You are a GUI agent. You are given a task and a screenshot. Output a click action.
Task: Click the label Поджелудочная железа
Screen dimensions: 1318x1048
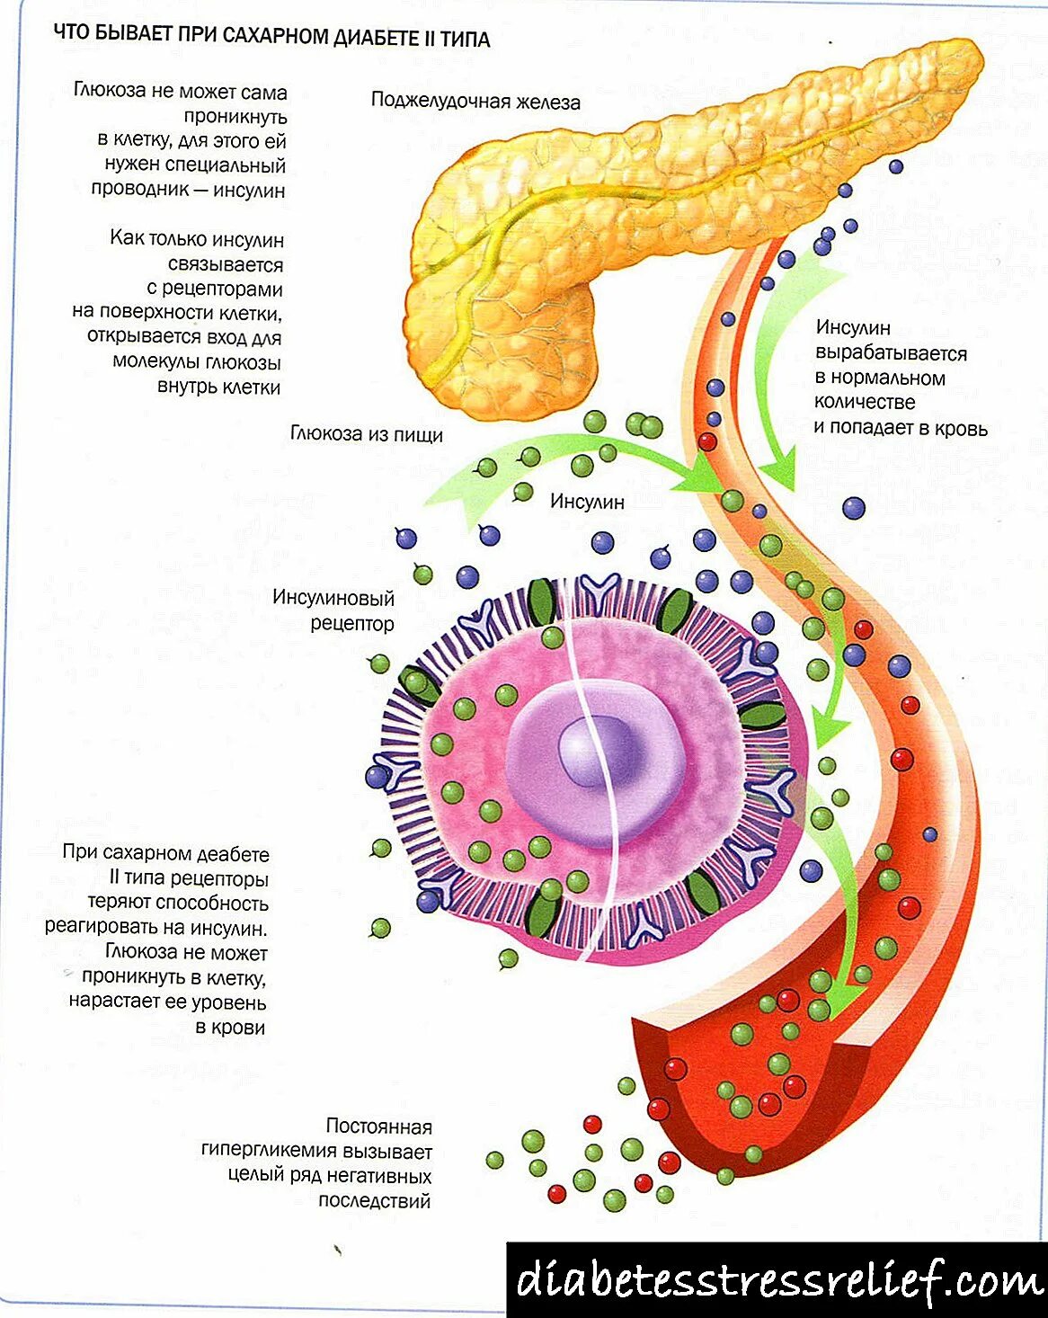pyautogui.click(x=475, y=102)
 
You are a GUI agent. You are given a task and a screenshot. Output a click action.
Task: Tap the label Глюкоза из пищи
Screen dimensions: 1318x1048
pyautogui.click(x=366, y=434)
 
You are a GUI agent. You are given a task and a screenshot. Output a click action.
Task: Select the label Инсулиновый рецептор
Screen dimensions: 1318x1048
pyautogui.click(x=334, y=610)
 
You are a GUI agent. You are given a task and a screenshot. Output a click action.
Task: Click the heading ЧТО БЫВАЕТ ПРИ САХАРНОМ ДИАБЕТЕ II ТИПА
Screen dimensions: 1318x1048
pyautogui.click(x=271, y=38)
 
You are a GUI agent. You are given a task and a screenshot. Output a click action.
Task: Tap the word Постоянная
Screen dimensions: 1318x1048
pyautogui.click(x=378, y=1127)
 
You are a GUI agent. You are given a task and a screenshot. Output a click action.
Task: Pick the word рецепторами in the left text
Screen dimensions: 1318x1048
pyautogui.click(x=222, y=289)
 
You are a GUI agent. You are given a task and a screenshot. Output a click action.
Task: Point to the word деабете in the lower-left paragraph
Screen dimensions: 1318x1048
pyautogui.click(x=232, y=853)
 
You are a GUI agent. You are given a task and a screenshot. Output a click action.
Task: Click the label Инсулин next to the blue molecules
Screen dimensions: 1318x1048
pyautogui.click(x=587, y=502)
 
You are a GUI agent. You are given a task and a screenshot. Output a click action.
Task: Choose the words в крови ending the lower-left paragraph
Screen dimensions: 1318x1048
pyautogui.click(x=230, y=1027)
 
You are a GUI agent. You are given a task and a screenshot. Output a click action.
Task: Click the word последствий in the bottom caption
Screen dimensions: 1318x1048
pyautogui.click(x=375, y=1200)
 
